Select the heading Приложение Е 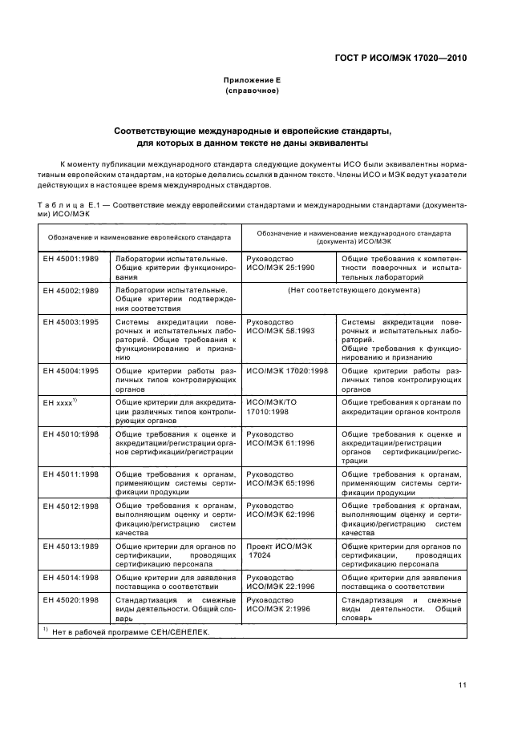(x=252, y=81)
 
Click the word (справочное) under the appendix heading (x=252, y=92)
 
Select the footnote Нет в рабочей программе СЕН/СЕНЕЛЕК (x=128, y=632)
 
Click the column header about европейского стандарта (x=140, y=238)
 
